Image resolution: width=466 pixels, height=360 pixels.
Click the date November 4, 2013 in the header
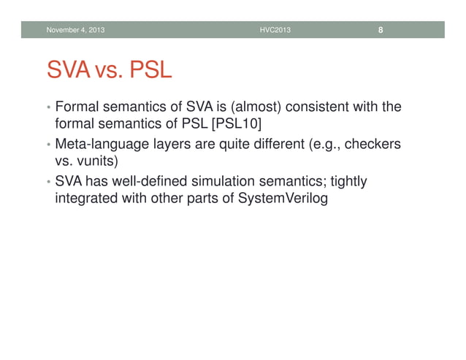(x=75, y=30)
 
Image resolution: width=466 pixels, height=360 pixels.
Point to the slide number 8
(x=381, y=30)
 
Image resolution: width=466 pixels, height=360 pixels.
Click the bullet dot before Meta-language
(x=47, y=145)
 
